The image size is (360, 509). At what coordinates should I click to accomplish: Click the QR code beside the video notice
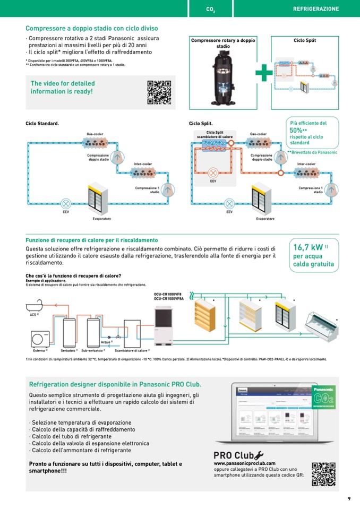[x=159, y=92]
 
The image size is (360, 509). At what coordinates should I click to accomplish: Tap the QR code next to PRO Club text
[x=323, y=474]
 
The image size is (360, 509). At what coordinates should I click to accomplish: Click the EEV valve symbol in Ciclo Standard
[x=66, y=203]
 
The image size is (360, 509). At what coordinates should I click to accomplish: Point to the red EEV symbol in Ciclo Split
[x=213, y=173]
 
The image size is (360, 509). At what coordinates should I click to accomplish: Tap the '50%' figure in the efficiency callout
[x=296, y=130]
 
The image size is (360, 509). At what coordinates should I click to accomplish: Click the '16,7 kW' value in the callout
[x=308, y=247]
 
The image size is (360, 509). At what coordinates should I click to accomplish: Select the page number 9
[x=349, y=498]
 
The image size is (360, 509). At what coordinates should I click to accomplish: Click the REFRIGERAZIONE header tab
[x=315, y=9]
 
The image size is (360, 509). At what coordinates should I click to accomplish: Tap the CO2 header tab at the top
[x=210, y=9]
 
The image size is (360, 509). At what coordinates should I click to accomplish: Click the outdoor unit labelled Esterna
[x=39, y=338]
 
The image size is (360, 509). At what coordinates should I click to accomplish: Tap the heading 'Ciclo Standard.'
[x=42, y=123]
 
